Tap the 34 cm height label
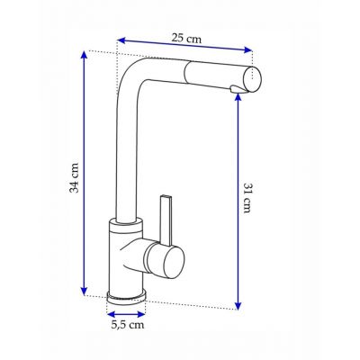[x=76, y=178]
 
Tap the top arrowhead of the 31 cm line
[x=238, y=97]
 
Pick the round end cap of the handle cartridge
[x=167, y=262]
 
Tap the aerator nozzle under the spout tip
[x=236, y=86]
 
